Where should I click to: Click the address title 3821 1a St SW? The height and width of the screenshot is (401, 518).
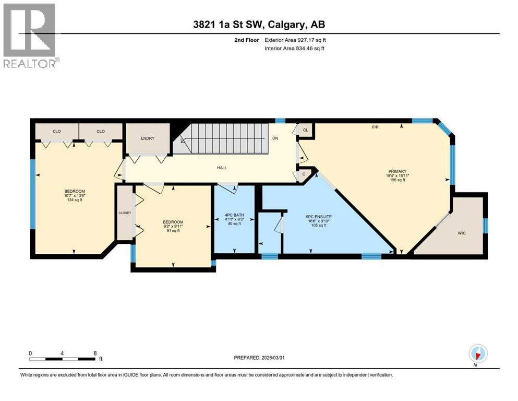click(259, 24)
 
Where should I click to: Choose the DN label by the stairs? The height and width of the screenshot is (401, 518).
click(275, 138)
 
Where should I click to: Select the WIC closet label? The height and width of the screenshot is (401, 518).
click(462, 232)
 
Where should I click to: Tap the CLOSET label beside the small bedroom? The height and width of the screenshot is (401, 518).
click(125, 213)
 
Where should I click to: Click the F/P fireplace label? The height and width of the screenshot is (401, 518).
click(375, 126)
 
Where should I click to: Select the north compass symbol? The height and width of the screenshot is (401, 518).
click(478, 354)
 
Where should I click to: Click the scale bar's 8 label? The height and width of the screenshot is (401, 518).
click(95, 353)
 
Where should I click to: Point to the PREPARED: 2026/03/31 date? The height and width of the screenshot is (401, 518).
click(259, 358)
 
